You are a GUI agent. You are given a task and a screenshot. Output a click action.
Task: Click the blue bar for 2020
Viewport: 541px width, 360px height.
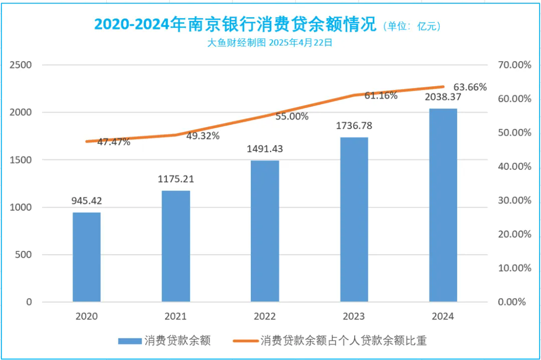click(x=87, y=257)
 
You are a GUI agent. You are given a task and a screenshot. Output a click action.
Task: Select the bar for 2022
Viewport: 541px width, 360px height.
click(x=265, y=231)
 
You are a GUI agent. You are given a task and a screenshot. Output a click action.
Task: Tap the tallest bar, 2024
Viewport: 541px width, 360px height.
click(x=443, y=205)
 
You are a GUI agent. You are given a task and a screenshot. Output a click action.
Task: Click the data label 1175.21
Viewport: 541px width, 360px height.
click(x=176, y=179)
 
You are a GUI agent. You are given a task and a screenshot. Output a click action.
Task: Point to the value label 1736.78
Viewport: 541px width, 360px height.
click(x=354, y=126)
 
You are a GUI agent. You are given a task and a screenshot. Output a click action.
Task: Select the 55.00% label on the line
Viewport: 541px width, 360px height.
click(x=292, y=116)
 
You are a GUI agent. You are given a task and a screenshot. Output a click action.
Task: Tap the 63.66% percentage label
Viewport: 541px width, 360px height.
click(x=469, y=87)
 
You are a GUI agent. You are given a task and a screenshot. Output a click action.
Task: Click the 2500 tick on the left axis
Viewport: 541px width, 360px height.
click(x=22, y=65)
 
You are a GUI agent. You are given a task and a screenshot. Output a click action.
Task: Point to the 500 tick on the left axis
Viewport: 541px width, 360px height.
click(x=24, y=255)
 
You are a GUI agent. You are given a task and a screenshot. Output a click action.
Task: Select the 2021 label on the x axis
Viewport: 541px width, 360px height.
click(x=176, y=316)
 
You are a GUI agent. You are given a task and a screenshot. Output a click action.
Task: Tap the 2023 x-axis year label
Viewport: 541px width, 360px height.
click(x=354, y=316)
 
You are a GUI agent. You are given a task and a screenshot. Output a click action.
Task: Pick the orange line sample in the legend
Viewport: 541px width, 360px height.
click(x=245, y=341)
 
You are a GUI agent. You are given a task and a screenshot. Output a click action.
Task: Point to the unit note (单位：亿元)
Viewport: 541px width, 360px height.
click(x=412, y=26)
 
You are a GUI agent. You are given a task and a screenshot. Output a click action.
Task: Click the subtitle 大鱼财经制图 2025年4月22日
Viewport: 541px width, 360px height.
click(x=270, y=43)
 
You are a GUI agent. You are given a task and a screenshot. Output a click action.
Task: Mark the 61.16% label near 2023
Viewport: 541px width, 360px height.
click(x=381, y=95)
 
